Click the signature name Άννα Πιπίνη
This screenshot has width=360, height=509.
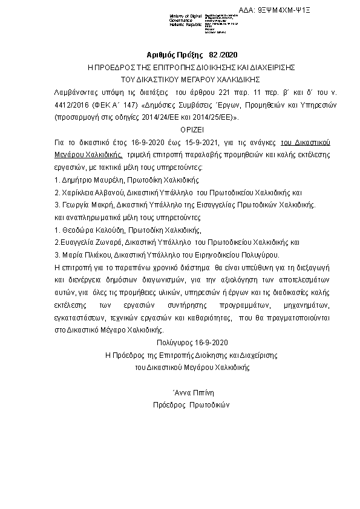[x=191, y=393]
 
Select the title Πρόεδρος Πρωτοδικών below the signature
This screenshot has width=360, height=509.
[x=191, y=406]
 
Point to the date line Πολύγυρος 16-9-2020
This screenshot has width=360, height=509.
[x=191, y=343]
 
